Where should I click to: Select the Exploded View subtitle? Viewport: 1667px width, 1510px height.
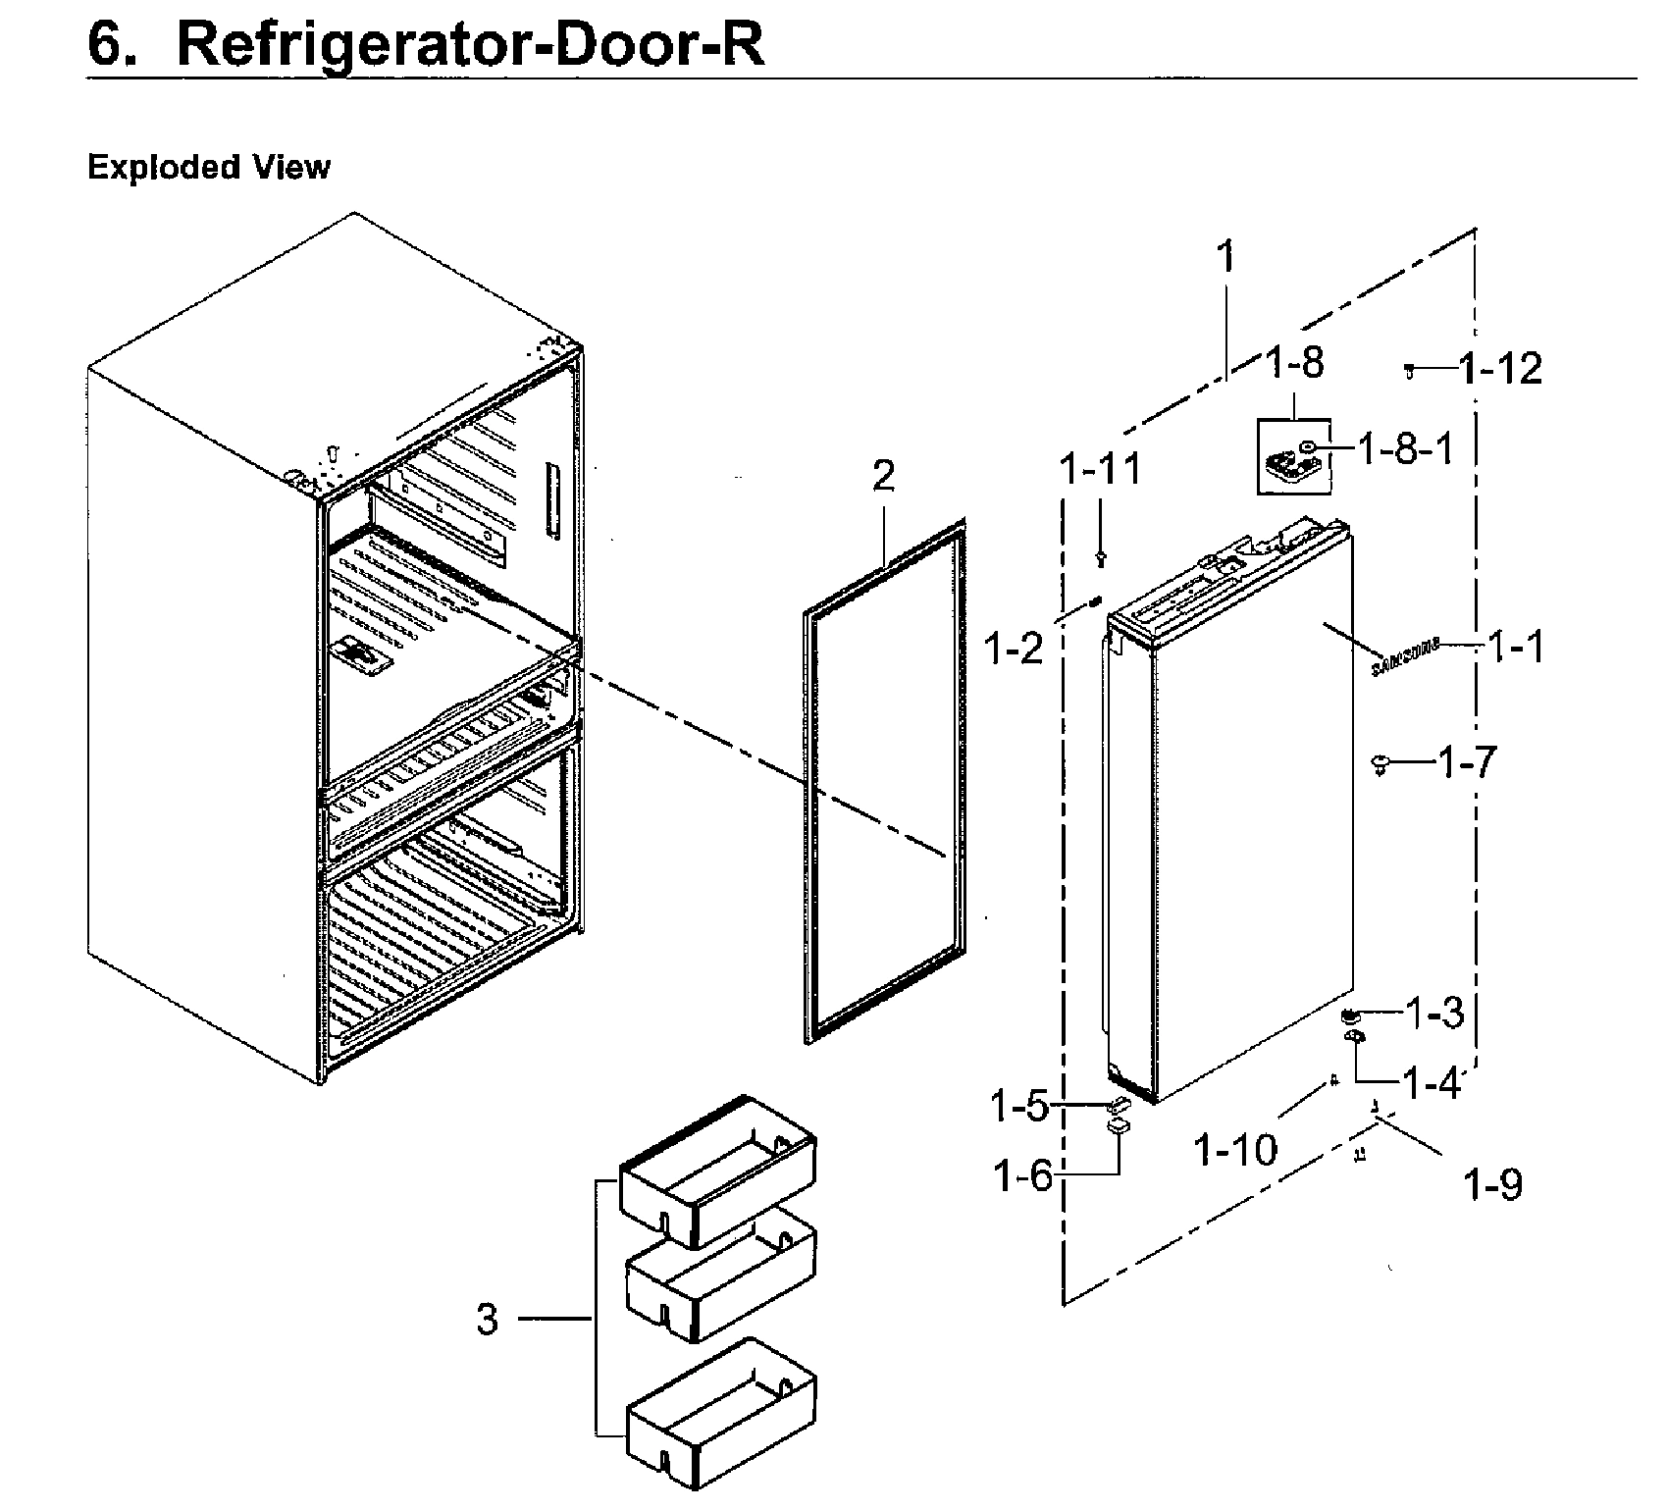[x=209, y=168]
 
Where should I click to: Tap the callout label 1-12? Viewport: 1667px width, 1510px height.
[x=1500, y=370]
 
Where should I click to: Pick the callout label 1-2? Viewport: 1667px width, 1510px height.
[x=1014, y=648]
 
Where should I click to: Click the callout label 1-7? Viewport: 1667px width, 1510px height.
[x=1467, y=761]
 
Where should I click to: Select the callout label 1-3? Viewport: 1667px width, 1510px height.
[x=1434, y=1013]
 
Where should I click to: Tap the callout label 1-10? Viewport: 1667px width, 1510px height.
[x=1235, y=1150]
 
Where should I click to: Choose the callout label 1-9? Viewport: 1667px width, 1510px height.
[x=1492, y=1186]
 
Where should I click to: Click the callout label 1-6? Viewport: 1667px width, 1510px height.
[x=1022, y=1174]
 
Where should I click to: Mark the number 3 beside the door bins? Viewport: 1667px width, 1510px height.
[x=488, y=1320]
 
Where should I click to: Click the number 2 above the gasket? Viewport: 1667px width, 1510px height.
[x=883, y=477]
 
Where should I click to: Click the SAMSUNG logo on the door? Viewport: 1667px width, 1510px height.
[x=1404, y=657]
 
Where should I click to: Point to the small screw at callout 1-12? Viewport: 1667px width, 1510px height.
[x=1410, y=370]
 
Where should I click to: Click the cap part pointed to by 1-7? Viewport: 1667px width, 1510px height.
[x=1381, y=762]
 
